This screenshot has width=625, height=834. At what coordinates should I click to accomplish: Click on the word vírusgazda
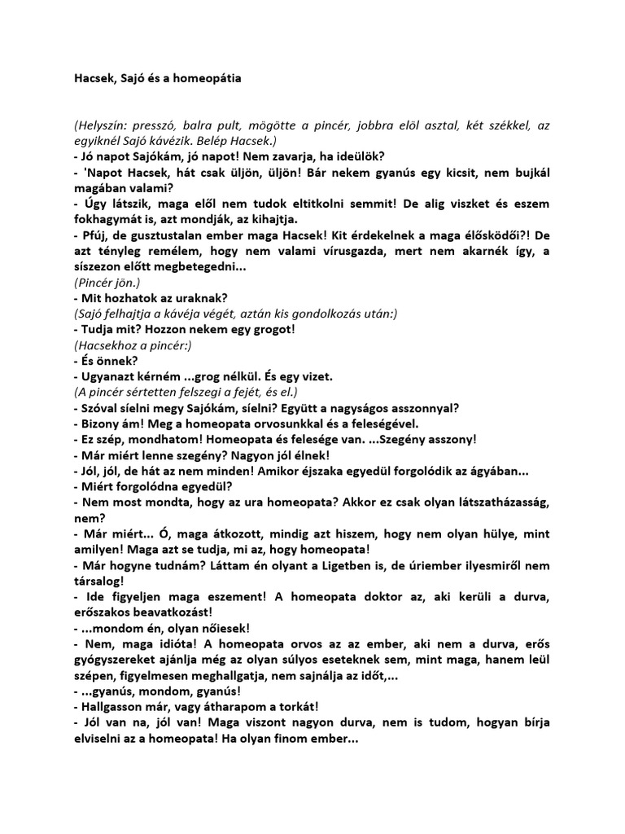(x=339, y=251)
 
